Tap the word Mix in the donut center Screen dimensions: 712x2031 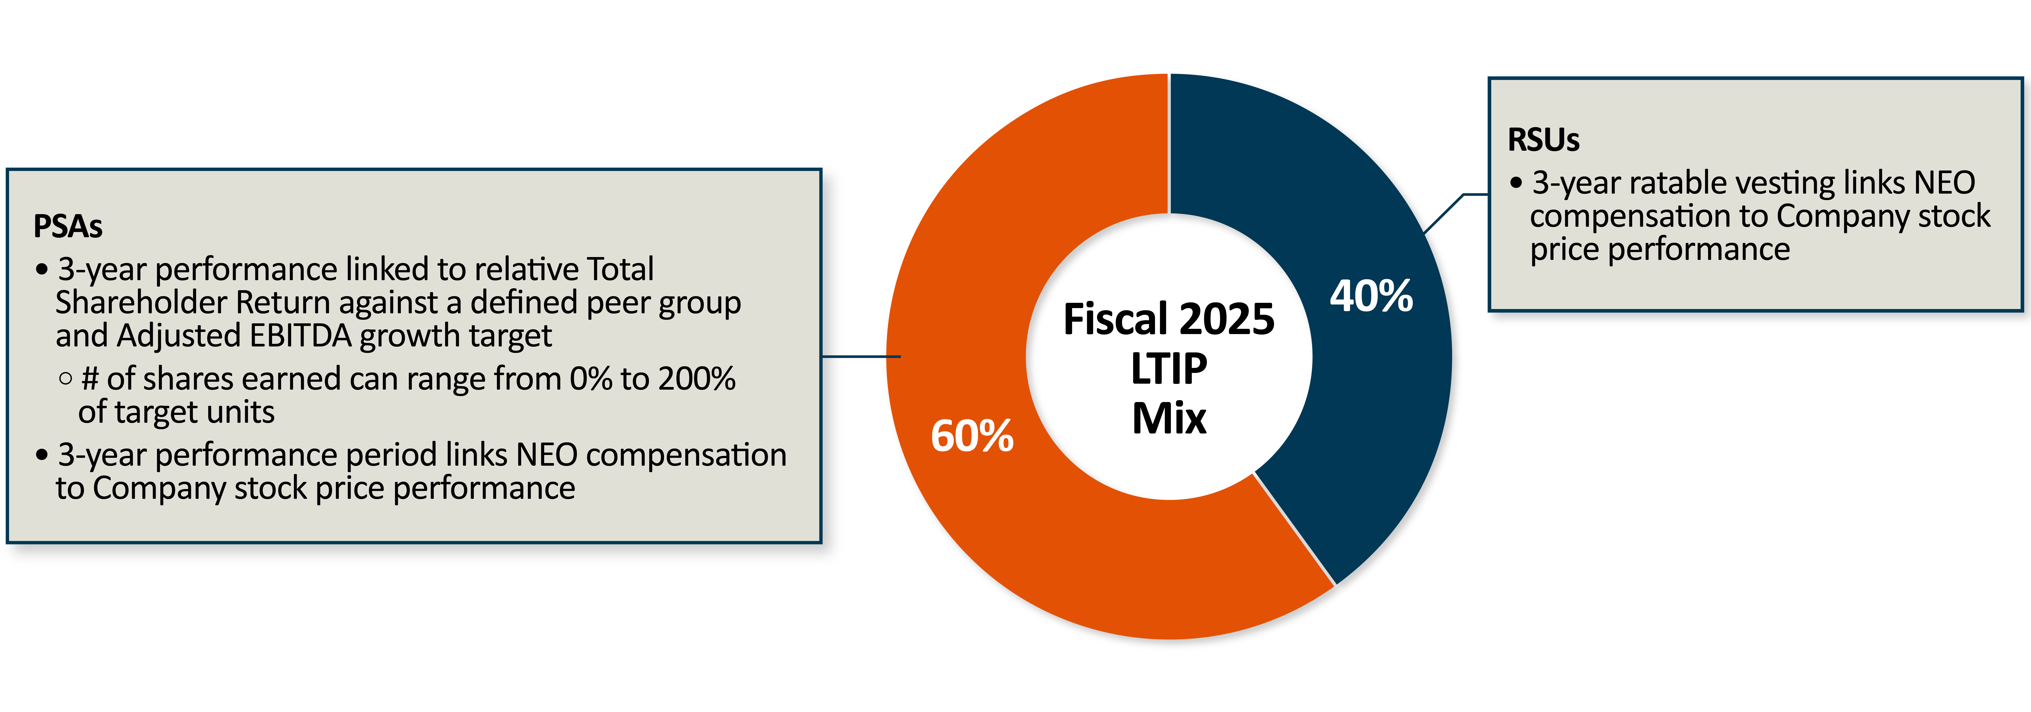pyautogui.click(x=1168, y=418)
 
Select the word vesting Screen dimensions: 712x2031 pyautogui.click(x=1786, y=183)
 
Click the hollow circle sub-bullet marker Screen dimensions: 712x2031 pyautogui.click(x=65, y=378)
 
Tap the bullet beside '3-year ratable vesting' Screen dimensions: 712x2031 pyautogui.click(x=1515, y=183)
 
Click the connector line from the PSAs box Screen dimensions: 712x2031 pyautogui.click(x=859, y=356)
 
